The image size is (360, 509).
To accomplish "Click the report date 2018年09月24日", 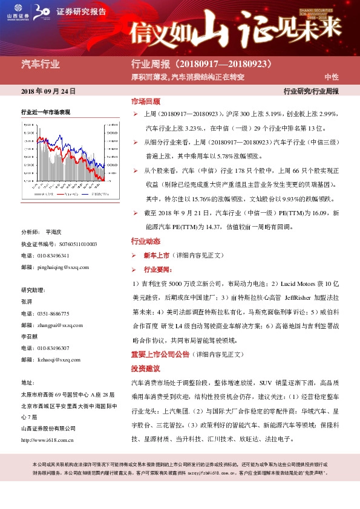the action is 48,91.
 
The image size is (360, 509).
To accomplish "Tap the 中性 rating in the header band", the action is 332,77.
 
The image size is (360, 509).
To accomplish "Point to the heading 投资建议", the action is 145,368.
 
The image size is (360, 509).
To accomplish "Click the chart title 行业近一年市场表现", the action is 45,112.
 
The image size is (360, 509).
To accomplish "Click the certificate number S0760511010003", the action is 71,244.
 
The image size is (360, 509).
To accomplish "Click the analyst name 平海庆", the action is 57,232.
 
